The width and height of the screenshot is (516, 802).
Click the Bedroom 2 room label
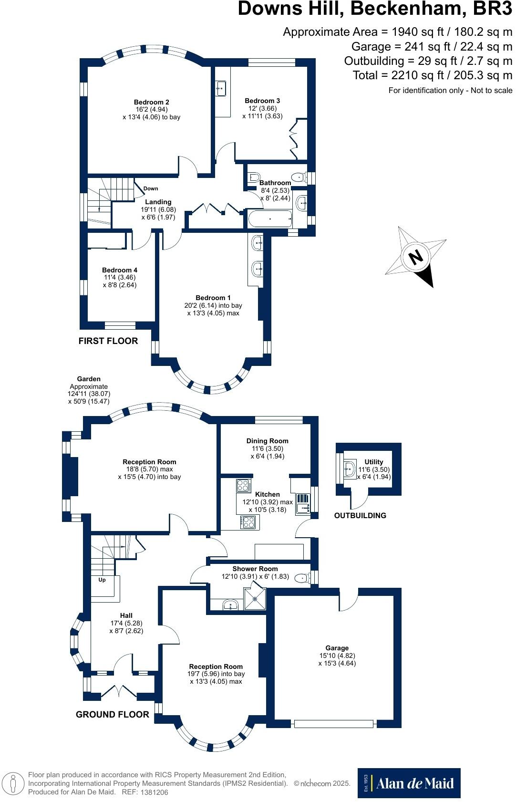click(151, 102)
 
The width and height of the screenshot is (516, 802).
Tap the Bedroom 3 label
click(262, 101)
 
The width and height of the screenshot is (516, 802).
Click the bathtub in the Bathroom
click(269, 219)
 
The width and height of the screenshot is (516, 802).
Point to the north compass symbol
click(416, 257)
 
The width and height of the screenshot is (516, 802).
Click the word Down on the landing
click(151, 188)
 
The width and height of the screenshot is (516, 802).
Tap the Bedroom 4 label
click(120, 270)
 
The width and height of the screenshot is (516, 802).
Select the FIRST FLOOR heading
click(108, 341)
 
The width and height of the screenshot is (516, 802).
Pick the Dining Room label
click(267, 441)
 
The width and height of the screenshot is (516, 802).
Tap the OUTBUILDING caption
click(360, 515)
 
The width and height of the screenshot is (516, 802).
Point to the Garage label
click(337, 648)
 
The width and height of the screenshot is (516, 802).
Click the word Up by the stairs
click(102, 580)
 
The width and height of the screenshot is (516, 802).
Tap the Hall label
click(126, 615)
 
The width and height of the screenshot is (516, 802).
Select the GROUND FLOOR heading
click(113, 714)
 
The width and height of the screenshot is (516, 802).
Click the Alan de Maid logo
click(409, 783)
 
